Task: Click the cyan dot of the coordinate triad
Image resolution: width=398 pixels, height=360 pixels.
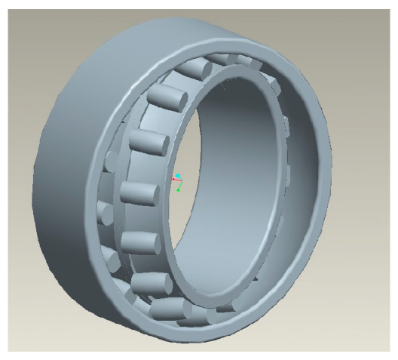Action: (178, 176)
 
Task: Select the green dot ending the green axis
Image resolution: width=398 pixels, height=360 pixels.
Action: (179, 189)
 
